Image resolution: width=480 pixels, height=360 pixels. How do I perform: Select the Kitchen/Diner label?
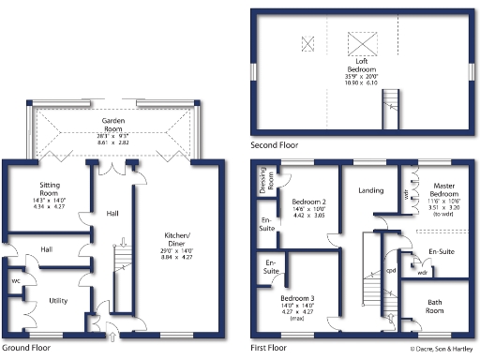click(177, 237)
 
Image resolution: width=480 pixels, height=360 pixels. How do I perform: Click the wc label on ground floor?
click(17, 281)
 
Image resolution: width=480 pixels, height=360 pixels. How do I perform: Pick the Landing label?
click(371, 190)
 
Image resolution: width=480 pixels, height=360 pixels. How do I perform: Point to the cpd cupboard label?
click(391, 271)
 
